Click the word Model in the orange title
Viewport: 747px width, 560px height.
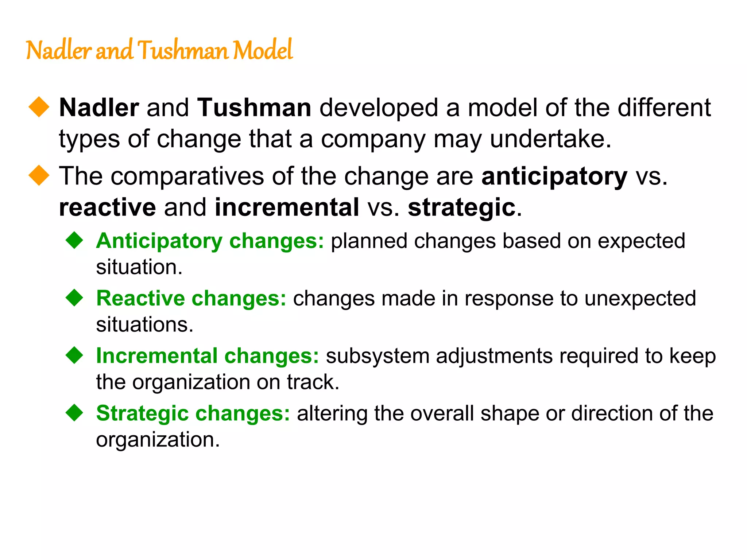(263, 50)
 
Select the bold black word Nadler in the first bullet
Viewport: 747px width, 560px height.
(99, 108)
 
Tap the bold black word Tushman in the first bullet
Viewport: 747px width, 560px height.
(254, 108)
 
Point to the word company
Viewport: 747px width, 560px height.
(373, 140)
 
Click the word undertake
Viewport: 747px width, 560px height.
(550, 139)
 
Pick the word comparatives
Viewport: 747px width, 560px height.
(187, 176)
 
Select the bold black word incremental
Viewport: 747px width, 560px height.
(287, 207)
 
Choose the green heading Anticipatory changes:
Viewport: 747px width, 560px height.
(210, 241)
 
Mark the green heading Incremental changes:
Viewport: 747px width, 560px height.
(208, 356)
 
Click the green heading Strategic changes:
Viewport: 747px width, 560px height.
(193, 413)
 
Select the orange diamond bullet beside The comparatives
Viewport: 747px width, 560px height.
(39, 175)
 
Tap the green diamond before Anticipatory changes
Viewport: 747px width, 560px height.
(75, 240)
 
